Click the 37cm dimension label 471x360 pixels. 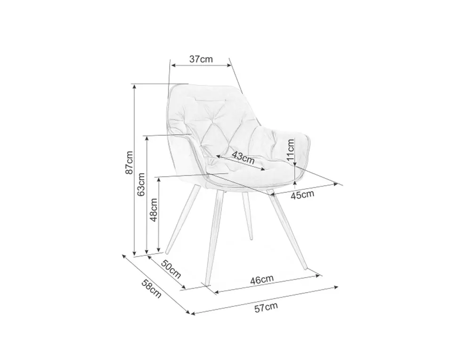coord(201,59)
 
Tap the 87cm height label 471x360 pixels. coord(129,163)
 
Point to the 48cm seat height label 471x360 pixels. coord(154,209)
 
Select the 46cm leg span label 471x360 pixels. coord(262,279)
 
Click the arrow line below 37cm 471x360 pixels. coord(201,66)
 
